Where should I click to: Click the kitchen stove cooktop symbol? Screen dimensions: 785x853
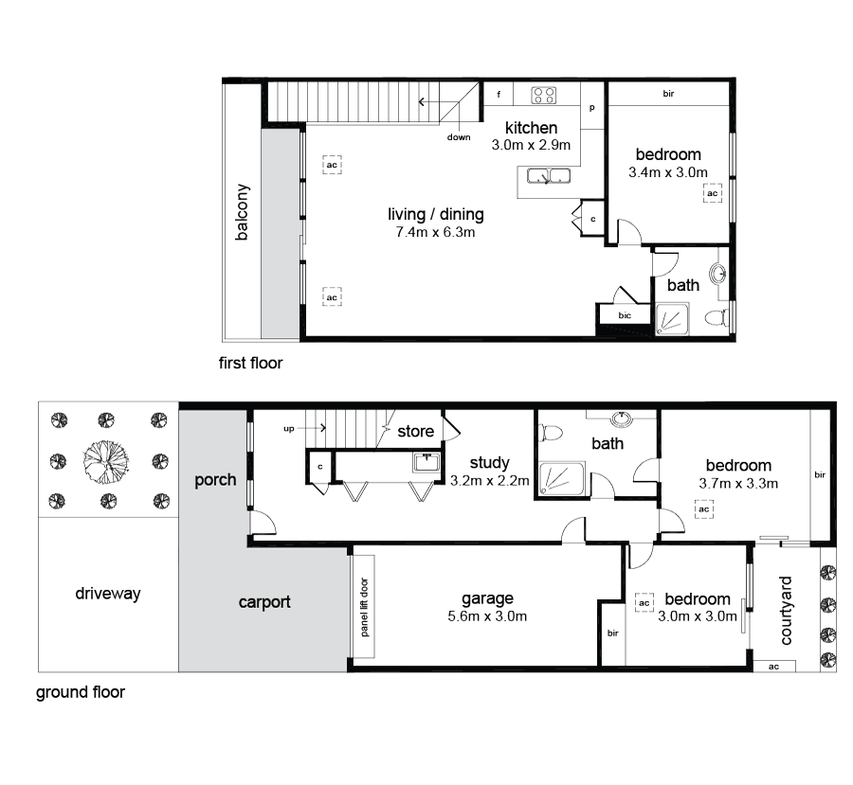(x=544, y=95)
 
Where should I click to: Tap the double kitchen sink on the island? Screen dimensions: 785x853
(x=548, y=175)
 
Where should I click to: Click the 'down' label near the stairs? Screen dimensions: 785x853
(x=459, y=137)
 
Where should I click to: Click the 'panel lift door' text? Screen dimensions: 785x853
(x=364, y=605)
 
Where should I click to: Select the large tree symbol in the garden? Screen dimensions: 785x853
(x=105, y=461)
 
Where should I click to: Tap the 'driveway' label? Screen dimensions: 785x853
(x=107, y=594)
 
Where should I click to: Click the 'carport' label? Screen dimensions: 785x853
(x=263, y=601)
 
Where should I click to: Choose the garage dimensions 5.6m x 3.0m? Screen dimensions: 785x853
(x=487, y=616)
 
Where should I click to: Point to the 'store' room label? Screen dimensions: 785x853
(x=415, y=432)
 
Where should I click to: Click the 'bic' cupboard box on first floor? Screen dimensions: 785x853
(x=625, y=315)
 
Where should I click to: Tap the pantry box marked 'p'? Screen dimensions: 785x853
(x=592, y=109)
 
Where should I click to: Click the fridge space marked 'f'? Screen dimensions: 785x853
(x=499, y=95)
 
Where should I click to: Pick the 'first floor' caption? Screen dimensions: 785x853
(x=250, y=363)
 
